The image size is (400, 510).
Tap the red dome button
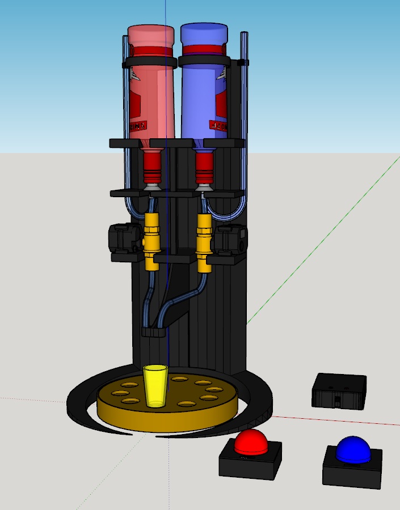[x=251, y=442]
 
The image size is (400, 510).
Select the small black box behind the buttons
[x=339, y=391]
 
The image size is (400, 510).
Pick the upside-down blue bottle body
[x=203, y=91]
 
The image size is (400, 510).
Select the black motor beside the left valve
[x=124, y=238]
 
